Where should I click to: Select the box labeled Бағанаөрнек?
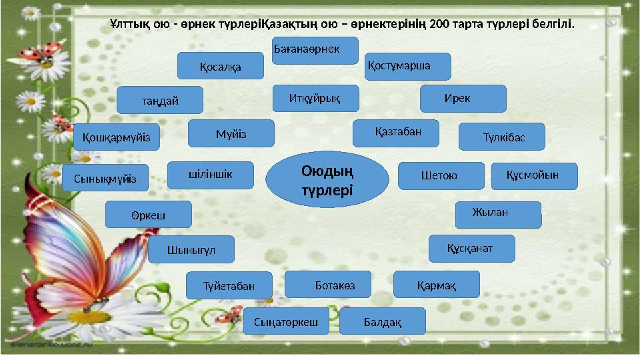[315, 51]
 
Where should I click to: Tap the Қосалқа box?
[220, 66]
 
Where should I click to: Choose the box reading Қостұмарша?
[408, 66]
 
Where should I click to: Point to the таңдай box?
[159, 100]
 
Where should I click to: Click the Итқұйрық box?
[315, 98]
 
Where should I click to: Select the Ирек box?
[463, 98]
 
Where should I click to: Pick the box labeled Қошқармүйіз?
[116, 137]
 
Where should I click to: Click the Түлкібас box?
[502, 137]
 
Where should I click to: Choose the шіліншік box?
[211, 175]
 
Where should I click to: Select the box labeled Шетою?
[441, 175]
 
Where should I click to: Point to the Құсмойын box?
[534, 175]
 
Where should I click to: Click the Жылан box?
[497, 214]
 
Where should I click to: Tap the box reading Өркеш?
[149, 215]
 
